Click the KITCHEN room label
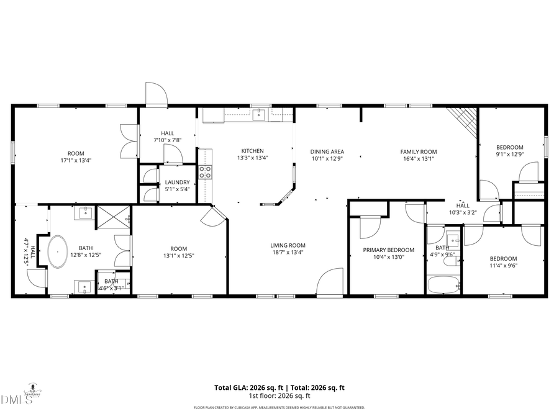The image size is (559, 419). [253, 151]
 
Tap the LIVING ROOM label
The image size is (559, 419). [288, 245]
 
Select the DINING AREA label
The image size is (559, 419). [327, 151]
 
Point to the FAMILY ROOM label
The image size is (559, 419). [418, 151]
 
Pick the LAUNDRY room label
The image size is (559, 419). [177, 182]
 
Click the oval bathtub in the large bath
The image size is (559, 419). [58, 251]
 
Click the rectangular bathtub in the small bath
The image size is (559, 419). [443, 285]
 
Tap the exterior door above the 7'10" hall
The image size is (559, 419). [157, 94]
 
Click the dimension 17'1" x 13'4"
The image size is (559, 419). [76, 161]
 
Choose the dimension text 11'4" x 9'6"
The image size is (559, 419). [503, 266]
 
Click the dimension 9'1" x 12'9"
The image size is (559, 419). [509, 155]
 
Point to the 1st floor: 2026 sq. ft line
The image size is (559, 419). [279, 395]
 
